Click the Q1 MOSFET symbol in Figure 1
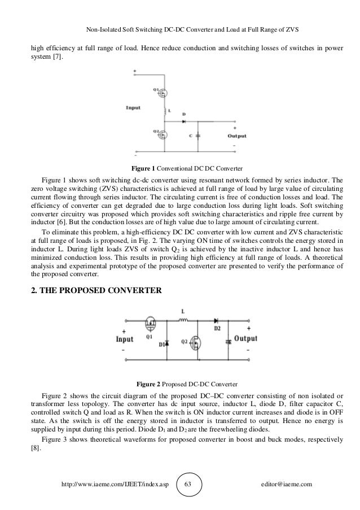(x=164, y=91)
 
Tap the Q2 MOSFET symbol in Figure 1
(x=164, y=136)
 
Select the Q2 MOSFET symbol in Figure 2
(x=196, y=342)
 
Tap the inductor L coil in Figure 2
(x=183, y=321)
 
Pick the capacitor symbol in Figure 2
(x=227, y=342)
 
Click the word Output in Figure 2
(x=245, y=339)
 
